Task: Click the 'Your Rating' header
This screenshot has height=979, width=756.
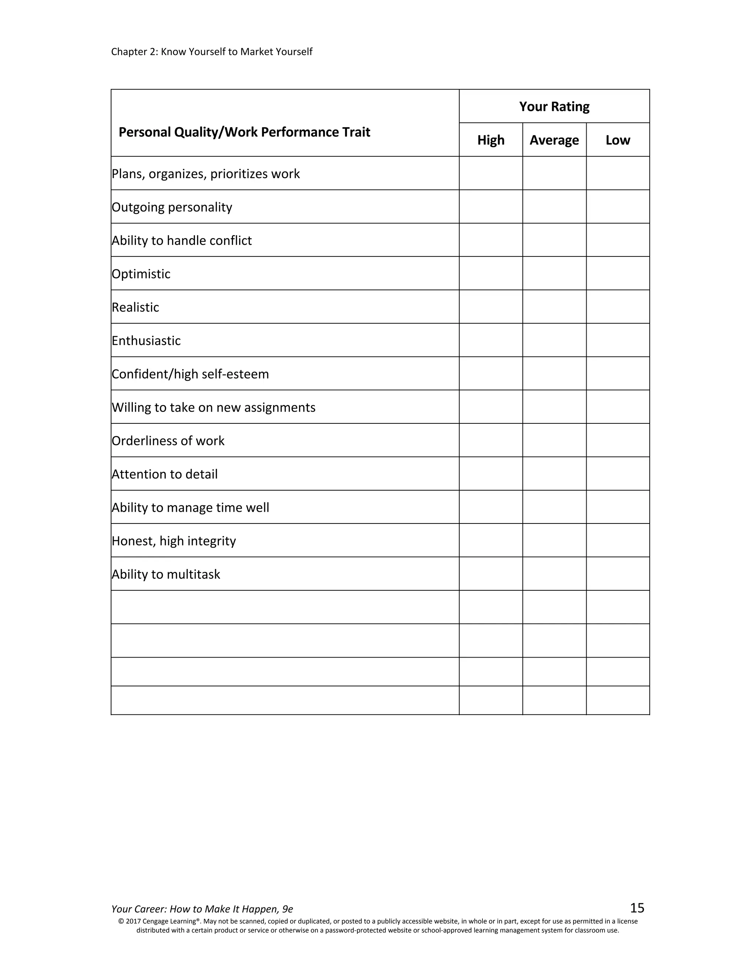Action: [x=554, y=107]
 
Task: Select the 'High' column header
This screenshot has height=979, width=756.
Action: [x=491, y=140]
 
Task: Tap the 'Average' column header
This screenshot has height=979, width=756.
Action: [x=554, y=140]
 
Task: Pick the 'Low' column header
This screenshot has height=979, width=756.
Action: [x=618, y=140]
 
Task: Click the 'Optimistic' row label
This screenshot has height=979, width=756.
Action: [x=141, y=274]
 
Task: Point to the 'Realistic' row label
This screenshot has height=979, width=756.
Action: [x=135, y=307]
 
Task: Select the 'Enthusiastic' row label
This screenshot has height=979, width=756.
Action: [x=146, y=341]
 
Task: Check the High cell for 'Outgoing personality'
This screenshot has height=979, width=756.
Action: [x=491, y=207]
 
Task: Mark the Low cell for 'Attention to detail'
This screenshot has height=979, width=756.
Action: [x=618, y=474]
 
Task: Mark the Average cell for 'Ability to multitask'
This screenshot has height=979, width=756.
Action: [x=554, y=574]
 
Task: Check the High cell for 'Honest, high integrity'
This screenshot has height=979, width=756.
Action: [x=491, y=540]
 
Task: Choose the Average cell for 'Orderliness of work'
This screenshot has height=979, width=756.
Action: [x=554, y=441]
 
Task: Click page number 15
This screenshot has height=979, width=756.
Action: [x=637, y=908]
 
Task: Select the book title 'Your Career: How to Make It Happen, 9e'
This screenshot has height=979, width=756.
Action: [x=202, y=909]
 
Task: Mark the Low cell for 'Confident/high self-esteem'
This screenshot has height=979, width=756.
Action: [x=618, y=374]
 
